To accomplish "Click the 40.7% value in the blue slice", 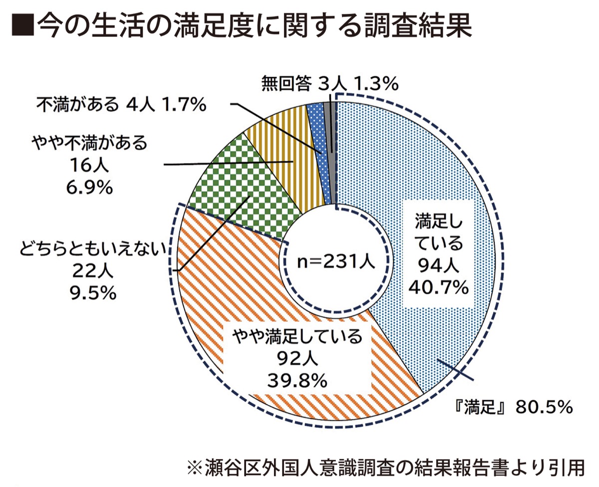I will [438, 287].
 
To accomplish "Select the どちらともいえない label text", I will [93, 248].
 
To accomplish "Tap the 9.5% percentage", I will [92, 292].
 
